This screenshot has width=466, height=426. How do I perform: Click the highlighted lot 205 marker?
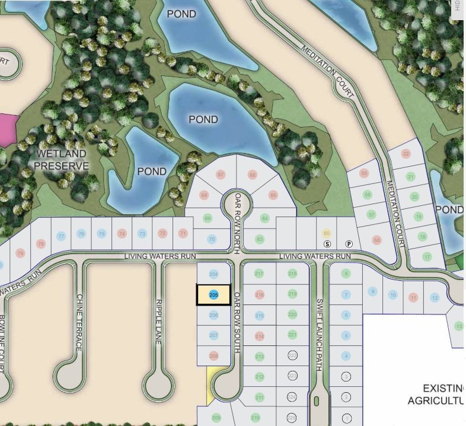tap(213, 294)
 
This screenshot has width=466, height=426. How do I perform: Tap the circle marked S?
tap(327, 244)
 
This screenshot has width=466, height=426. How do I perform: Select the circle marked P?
tap(349, 244)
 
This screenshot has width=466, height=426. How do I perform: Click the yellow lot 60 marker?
tap(326, 234)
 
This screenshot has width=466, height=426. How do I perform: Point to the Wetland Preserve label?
tap(62, 160)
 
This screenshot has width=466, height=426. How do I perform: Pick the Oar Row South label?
tap(237, 322)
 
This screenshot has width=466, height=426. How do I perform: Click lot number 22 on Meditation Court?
tap(406, 154)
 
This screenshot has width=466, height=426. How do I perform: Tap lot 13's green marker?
tap(459, 326)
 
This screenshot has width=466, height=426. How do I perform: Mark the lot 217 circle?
tap(259, 274)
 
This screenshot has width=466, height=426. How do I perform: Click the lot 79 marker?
tap(20, 254)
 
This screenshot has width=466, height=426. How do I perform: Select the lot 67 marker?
tap(221, 174)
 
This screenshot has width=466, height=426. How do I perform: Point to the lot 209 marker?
tap(216, 418)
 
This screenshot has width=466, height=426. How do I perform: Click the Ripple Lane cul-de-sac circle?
tap(159, 386)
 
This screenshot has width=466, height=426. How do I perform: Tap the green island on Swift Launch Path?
tap(317, 402)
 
